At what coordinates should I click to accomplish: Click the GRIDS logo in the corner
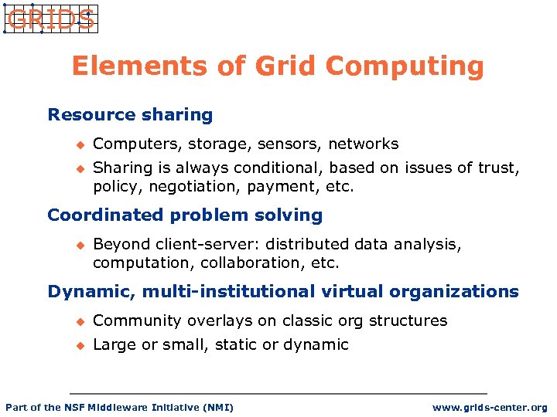(x=50, y=19)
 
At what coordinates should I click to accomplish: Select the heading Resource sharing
(x=130, y=115)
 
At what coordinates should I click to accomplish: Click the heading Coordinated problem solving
(x=185, y=215)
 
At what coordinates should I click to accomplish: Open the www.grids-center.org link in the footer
(x=490, y=408)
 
